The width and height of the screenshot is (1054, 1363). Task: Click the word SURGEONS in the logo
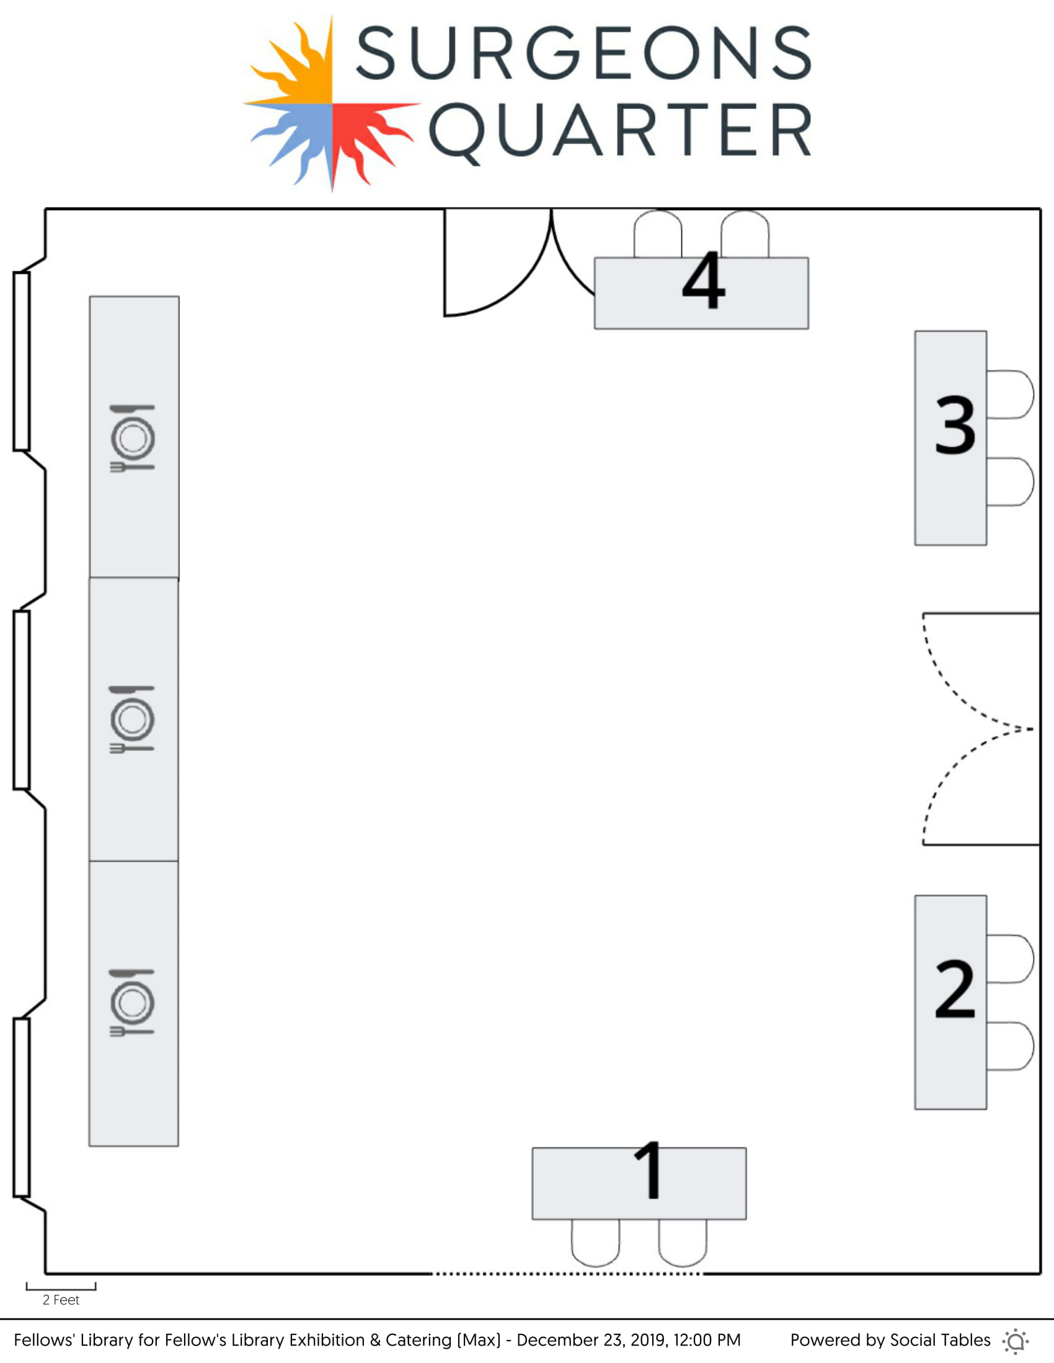click(x=583, y=54)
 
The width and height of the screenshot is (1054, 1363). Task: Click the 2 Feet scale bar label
click(x=61, y=1300)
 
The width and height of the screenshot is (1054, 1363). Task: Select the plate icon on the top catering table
click(x=133, y=438)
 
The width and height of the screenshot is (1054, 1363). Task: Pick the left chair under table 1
click(x=596, y=1242)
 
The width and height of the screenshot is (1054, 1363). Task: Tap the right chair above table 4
click(x=744, y=234)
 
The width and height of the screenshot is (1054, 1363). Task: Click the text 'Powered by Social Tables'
click(x=890, y=1340)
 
